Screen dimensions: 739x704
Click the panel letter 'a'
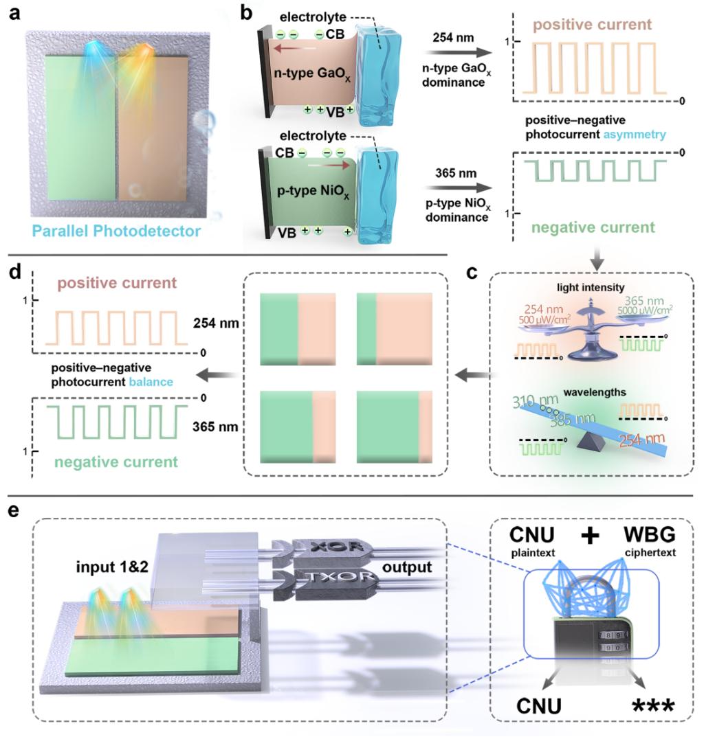point(15,14)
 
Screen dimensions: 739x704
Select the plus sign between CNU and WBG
point(588,535)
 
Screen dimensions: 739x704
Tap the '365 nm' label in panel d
point(217,426)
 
